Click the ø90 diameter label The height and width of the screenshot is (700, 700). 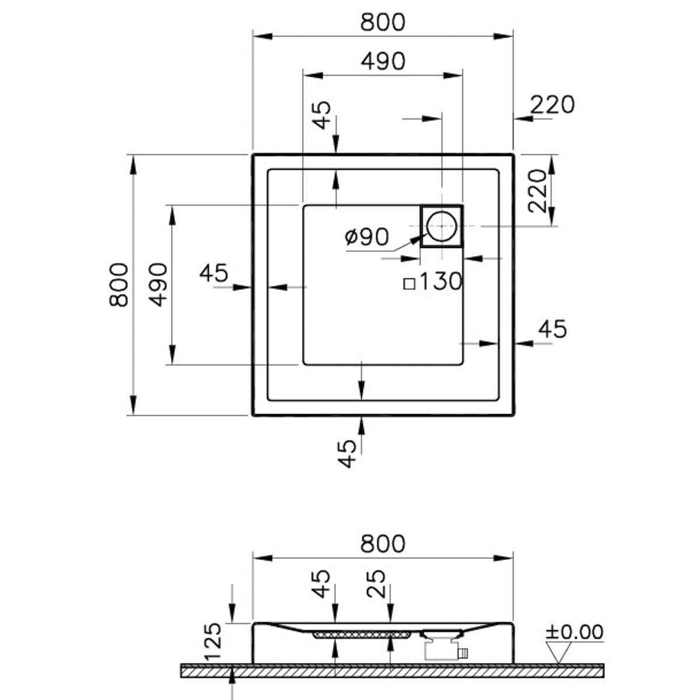367,236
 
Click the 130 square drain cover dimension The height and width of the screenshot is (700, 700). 440,281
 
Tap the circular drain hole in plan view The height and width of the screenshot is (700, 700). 442,226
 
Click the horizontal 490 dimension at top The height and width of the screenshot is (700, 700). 383,61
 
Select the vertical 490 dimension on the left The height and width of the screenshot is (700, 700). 158,285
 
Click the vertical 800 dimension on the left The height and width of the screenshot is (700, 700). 118,285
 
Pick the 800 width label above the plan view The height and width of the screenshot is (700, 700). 383,22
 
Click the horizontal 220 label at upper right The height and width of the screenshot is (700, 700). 552,104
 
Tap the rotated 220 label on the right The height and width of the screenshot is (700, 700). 537,191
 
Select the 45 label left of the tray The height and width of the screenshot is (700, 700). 214,273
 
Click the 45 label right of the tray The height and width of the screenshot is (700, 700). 552,329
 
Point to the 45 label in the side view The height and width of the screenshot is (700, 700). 321,583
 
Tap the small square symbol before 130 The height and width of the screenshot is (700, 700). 409,283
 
